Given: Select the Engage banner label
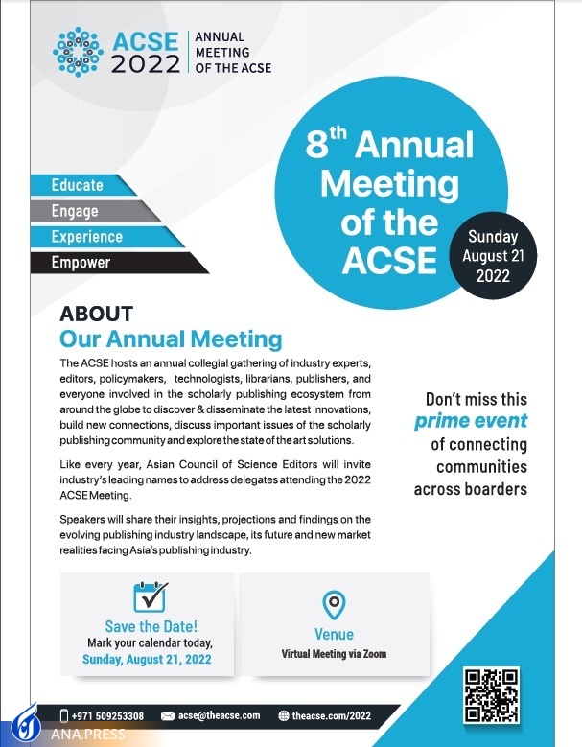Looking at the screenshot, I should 75,210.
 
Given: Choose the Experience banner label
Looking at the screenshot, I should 87,236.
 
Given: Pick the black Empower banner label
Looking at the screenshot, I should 81,262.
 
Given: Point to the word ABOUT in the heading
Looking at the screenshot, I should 96,314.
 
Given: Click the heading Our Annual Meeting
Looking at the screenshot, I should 171,339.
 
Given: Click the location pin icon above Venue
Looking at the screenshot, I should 334,605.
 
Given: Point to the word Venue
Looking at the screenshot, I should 334,634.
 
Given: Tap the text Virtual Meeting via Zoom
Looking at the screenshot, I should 334,654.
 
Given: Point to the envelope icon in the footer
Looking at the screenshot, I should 168,715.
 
